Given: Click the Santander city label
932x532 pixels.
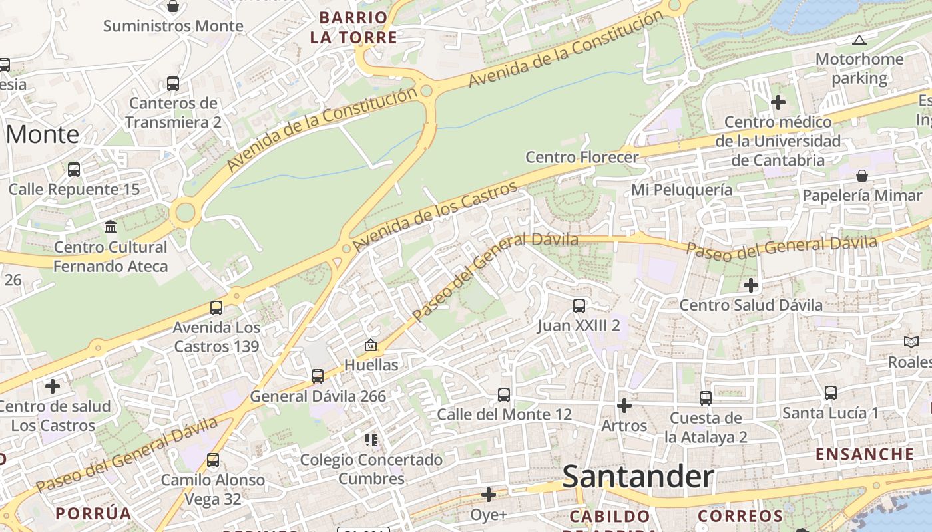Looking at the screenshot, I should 638,477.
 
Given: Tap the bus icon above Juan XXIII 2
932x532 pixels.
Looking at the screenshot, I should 579,306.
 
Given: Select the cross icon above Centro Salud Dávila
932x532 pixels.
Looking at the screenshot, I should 751,285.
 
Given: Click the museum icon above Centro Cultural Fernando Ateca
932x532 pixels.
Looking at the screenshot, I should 111,227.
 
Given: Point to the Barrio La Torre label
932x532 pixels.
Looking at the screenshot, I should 353,27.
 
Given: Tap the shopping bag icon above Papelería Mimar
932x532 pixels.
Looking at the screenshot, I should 862,176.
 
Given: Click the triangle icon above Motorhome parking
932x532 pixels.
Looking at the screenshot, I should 859,40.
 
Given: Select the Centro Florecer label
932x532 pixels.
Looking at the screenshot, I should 582,157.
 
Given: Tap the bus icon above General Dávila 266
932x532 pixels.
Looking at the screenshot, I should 318,376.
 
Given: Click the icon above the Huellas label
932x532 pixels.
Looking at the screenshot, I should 371,345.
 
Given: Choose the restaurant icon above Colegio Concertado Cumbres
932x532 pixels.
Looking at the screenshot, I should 371,440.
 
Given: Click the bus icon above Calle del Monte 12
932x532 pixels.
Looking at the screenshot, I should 504,395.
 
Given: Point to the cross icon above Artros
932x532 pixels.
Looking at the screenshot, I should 624,405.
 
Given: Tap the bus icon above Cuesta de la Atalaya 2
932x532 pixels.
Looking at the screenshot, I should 706,398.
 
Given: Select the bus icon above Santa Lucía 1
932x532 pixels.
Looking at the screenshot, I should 830,393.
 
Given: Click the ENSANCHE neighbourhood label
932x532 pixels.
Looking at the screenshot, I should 865,454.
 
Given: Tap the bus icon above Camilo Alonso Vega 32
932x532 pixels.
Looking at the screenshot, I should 213,460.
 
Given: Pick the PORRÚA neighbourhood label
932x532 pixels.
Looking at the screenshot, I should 93,513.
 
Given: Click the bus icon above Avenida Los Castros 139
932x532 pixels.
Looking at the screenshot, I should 216,308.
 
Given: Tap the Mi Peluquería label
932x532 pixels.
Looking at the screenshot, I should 682,190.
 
